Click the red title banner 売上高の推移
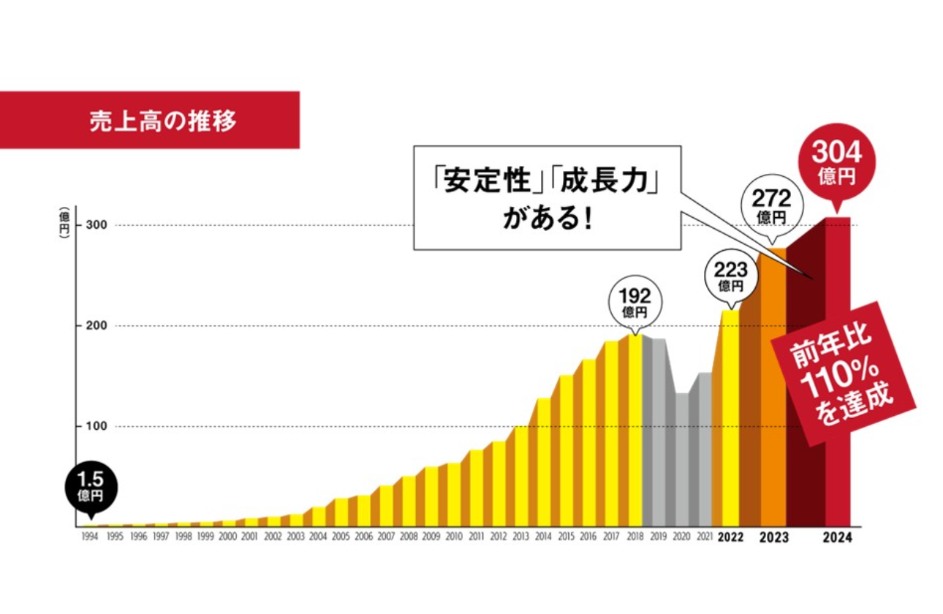point(149,120)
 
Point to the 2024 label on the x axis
point(837,537)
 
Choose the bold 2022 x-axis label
point(730,537)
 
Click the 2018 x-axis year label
point(634,537)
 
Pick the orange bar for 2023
point(773,387)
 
